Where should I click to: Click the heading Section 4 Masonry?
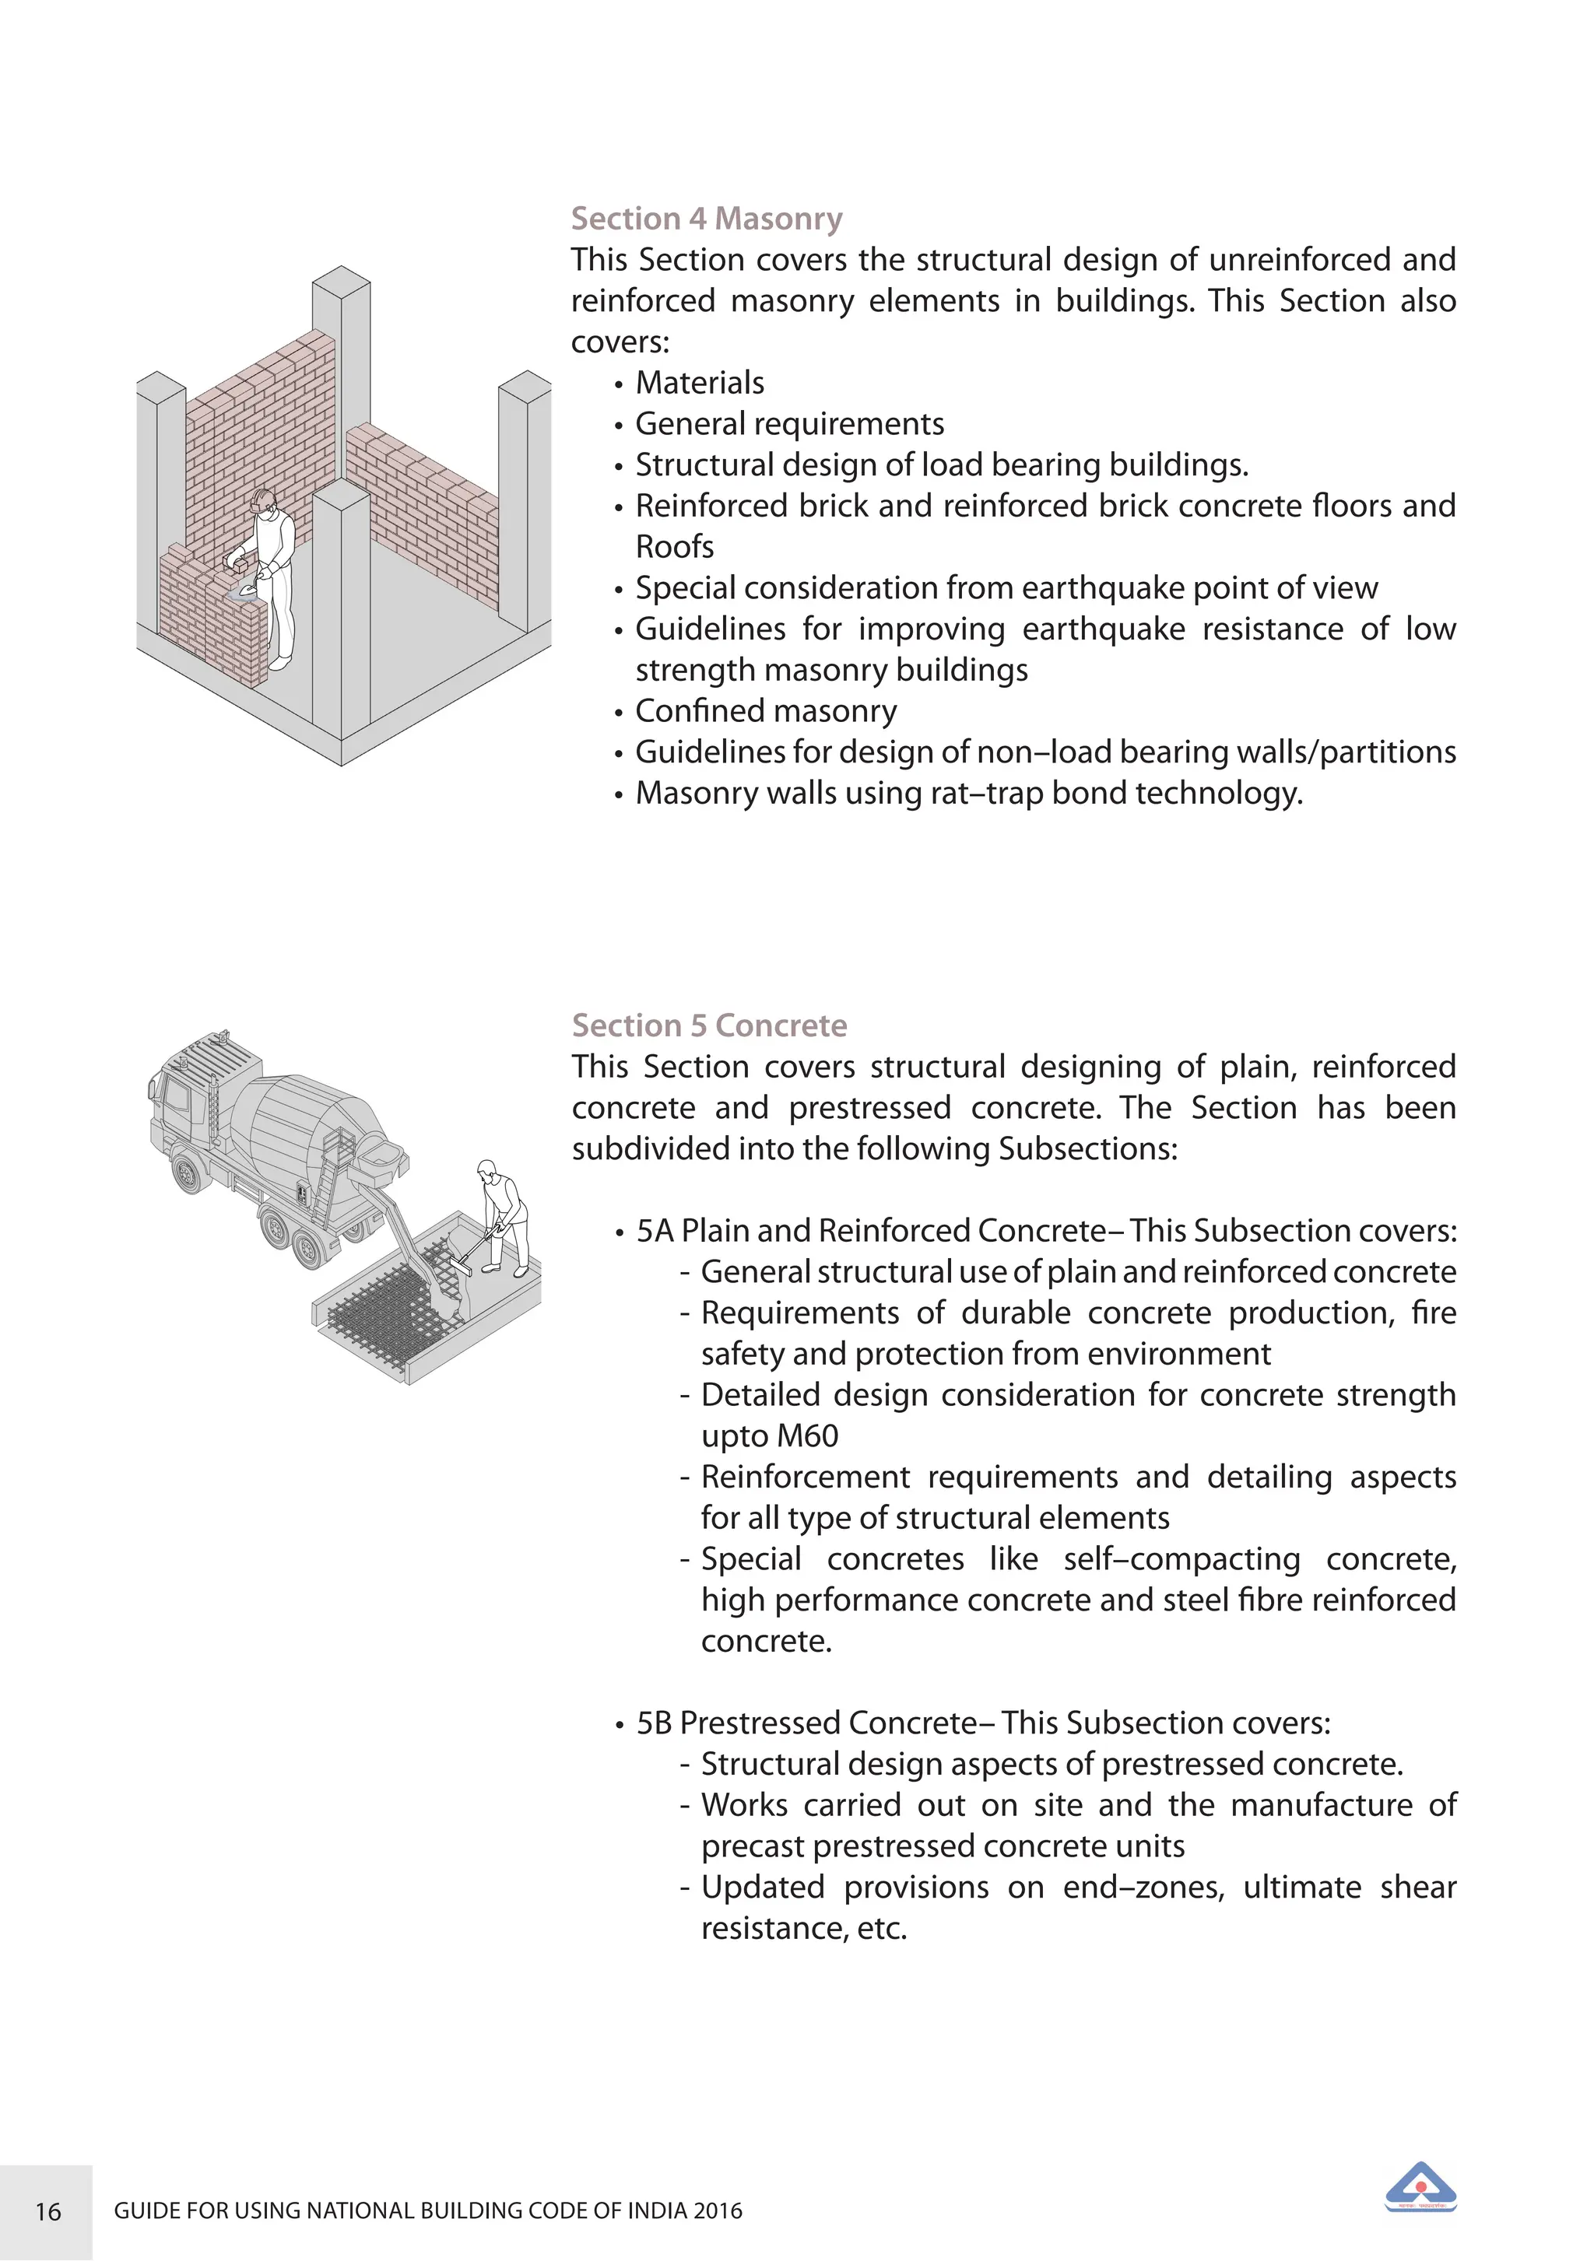click(707, 218)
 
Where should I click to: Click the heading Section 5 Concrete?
click(709, 1025)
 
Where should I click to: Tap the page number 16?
click(47, 2212)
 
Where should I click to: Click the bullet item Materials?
click(700, 382)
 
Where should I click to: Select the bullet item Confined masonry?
click(765, 710)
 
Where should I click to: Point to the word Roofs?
click(674, 546)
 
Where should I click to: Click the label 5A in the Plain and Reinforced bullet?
click(654, 1231)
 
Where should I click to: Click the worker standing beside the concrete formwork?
click(504, 1216)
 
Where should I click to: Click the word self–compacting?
click(1181, 1559)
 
